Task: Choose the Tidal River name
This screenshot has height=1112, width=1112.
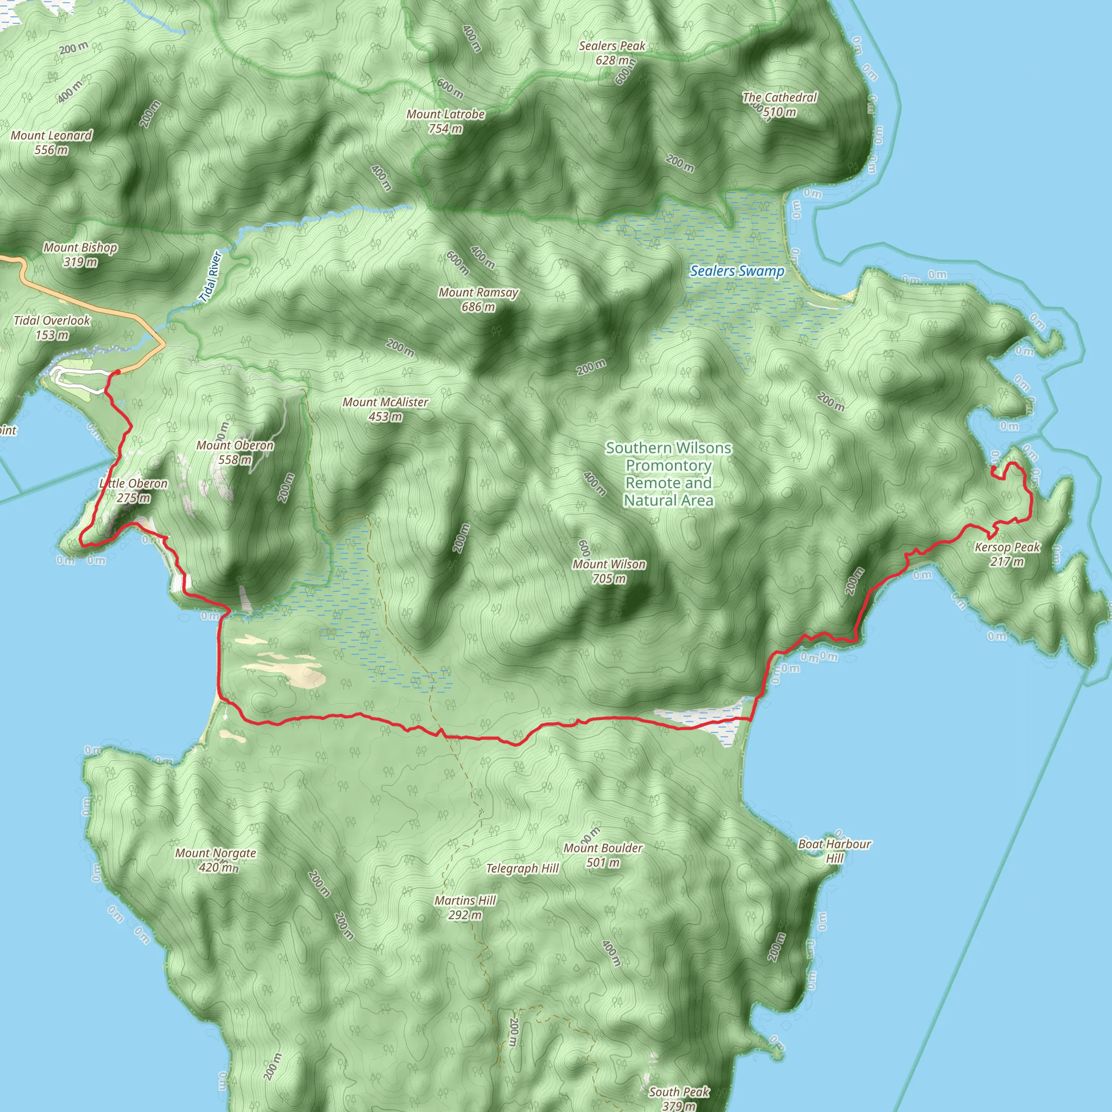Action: pos(211,276)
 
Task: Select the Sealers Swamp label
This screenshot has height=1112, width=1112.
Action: pos(737,271)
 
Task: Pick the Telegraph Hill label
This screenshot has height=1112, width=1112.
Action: pos(522,869)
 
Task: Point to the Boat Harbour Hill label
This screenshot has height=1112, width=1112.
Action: pos(835,851)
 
